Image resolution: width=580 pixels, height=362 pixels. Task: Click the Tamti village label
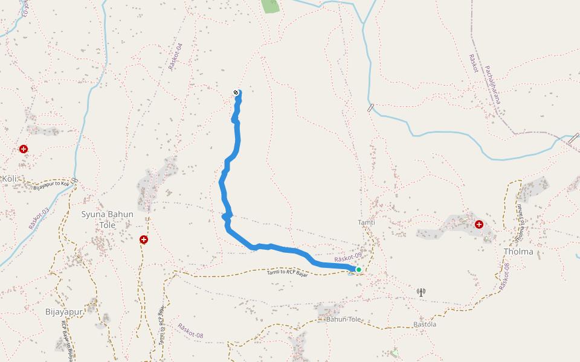(x=366, y=223)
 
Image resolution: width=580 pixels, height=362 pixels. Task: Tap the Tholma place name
(x=518, y=252)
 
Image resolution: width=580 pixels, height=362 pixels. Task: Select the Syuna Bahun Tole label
(x=107, y=219)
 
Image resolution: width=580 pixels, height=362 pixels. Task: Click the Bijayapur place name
(x=63, y=312)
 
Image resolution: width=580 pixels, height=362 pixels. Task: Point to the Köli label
(x=9, y=179)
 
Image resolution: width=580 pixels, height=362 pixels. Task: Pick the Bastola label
(x=424, y=325)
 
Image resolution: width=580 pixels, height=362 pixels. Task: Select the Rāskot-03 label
(x=39, y=219)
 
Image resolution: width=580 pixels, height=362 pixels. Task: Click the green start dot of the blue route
(x=358, y=270)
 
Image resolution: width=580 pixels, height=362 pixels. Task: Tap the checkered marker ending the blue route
(x=236, y=92)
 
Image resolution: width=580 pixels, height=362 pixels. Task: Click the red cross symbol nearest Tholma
(x=479, y=224)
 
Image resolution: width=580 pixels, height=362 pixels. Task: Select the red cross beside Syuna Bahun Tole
(x=144, y=240)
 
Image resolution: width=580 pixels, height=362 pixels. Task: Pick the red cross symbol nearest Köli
(x=24, y=148)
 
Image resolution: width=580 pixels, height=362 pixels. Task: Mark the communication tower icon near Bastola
(x=421, y=293)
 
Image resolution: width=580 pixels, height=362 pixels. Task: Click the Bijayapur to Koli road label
(x=51, y=184)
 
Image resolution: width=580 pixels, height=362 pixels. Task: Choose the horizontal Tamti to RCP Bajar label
(x=288, y=273)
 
